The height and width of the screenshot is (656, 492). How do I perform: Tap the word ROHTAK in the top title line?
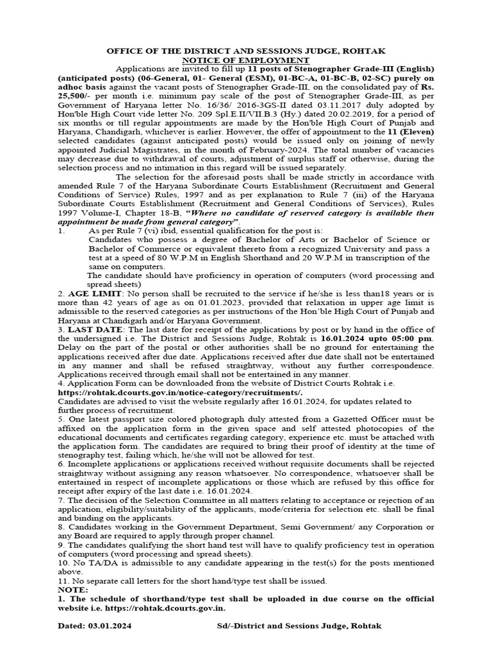[368, 50]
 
